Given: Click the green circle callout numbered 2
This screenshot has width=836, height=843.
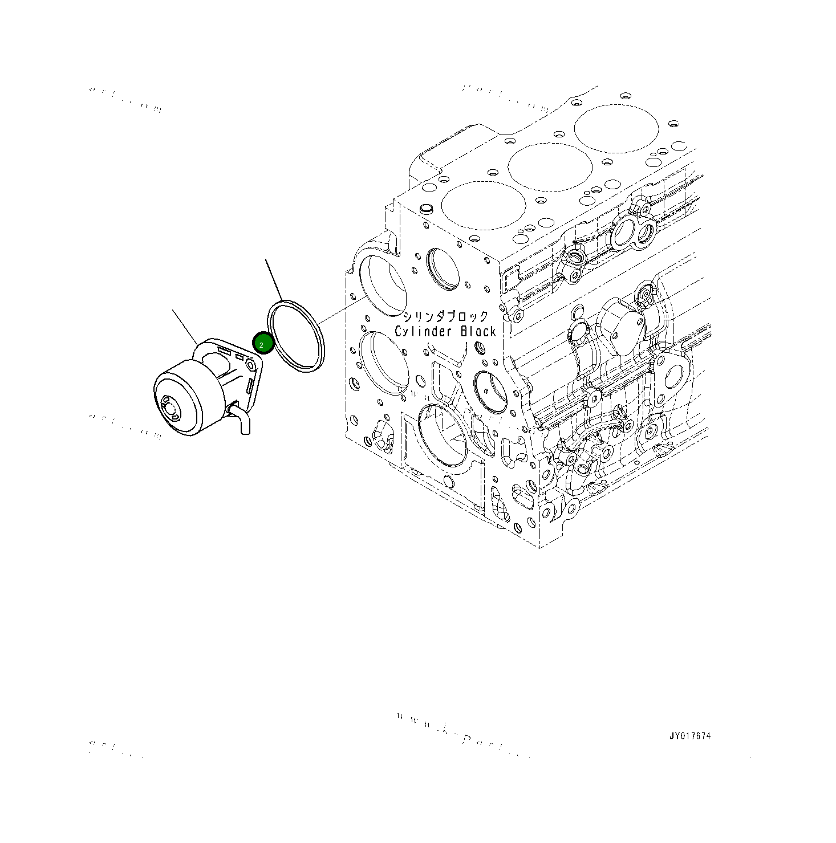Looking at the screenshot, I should (263, 343).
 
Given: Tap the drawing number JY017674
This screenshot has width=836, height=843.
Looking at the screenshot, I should (690, 736).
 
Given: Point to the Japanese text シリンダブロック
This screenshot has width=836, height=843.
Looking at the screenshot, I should (445, 317).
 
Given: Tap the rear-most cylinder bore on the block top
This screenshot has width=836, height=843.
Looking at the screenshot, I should (616, 128).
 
